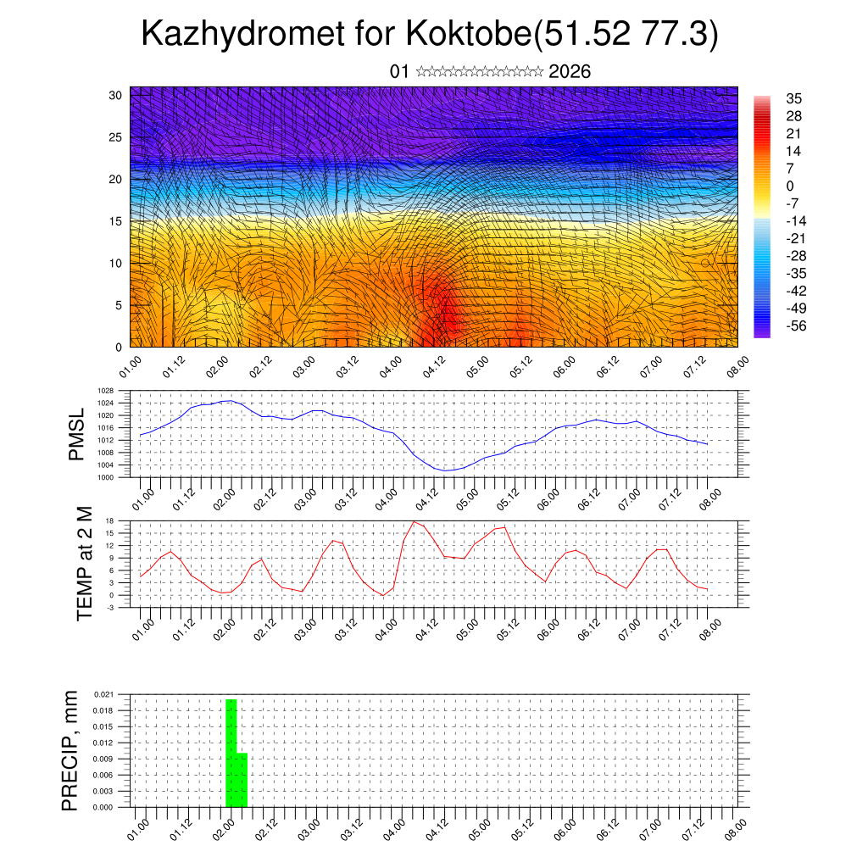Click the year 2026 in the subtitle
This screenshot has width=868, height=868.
point(570,71)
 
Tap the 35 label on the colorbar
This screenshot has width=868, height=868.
point(794,98)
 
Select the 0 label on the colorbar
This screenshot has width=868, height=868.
point(791,186)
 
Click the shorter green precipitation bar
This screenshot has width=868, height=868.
point(242,779)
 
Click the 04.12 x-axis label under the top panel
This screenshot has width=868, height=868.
point(435,365)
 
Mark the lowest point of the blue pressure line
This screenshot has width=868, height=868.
point(447,470)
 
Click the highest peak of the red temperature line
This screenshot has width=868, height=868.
point(414,521)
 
